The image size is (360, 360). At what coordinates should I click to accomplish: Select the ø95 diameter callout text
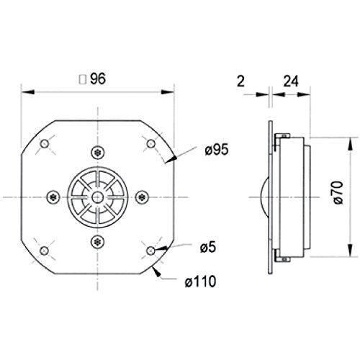(x=216, y=149)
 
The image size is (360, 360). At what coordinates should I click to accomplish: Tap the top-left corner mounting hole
(x=45, y=144)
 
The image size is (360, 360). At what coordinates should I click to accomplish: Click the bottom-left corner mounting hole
(x=45, y=250)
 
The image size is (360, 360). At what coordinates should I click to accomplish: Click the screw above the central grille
(x=97, y=152)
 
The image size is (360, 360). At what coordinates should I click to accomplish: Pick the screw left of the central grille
(x=52, y=197)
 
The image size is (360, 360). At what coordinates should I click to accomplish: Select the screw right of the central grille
(x=142, y=197)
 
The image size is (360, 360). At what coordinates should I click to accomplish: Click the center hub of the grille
(x=97, y=197)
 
